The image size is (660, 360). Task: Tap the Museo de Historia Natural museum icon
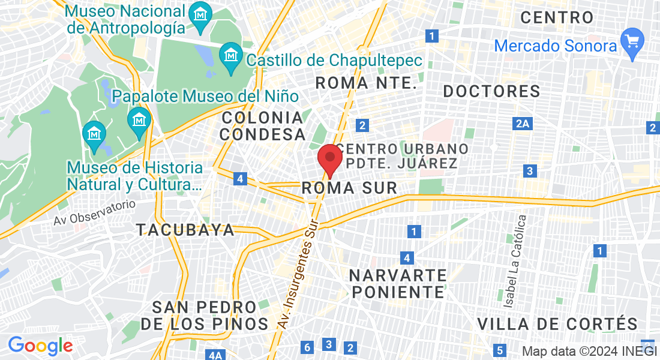pyautogui.click(x=94, y=134)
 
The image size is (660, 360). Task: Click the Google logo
pyautogui.click(x=40, y=346)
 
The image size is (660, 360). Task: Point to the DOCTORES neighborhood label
pyautogui.click(x=491, y=92)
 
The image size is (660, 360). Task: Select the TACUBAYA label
pyautogui.click(x=185, y=230)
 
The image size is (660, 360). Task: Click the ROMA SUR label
pyautogui.click(x=349, y=188)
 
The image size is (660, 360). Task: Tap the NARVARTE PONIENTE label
pyautogui.click(x=398, y=284)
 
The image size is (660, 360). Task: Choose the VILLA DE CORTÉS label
pyautogui.click(x=557, y=325)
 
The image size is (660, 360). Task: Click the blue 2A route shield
pyautogui.click(x=523, y=124)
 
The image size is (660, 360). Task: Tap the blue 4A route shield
pyautogui.click(x=215, y=355)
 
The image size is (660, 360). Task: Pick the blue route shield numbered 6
pyautogui.click(x=307, y=347)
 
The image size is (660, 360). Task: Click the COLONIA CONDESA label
pyautogui.click(x=263, y=125)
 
